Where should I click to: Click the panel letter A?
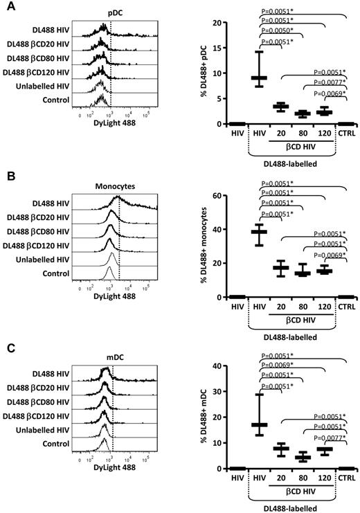[x=6, y=6]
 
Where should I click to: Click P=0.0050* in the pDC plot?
[x=280, y=31]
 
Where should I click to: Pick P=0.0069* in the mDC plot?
[x=280, y=368]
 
